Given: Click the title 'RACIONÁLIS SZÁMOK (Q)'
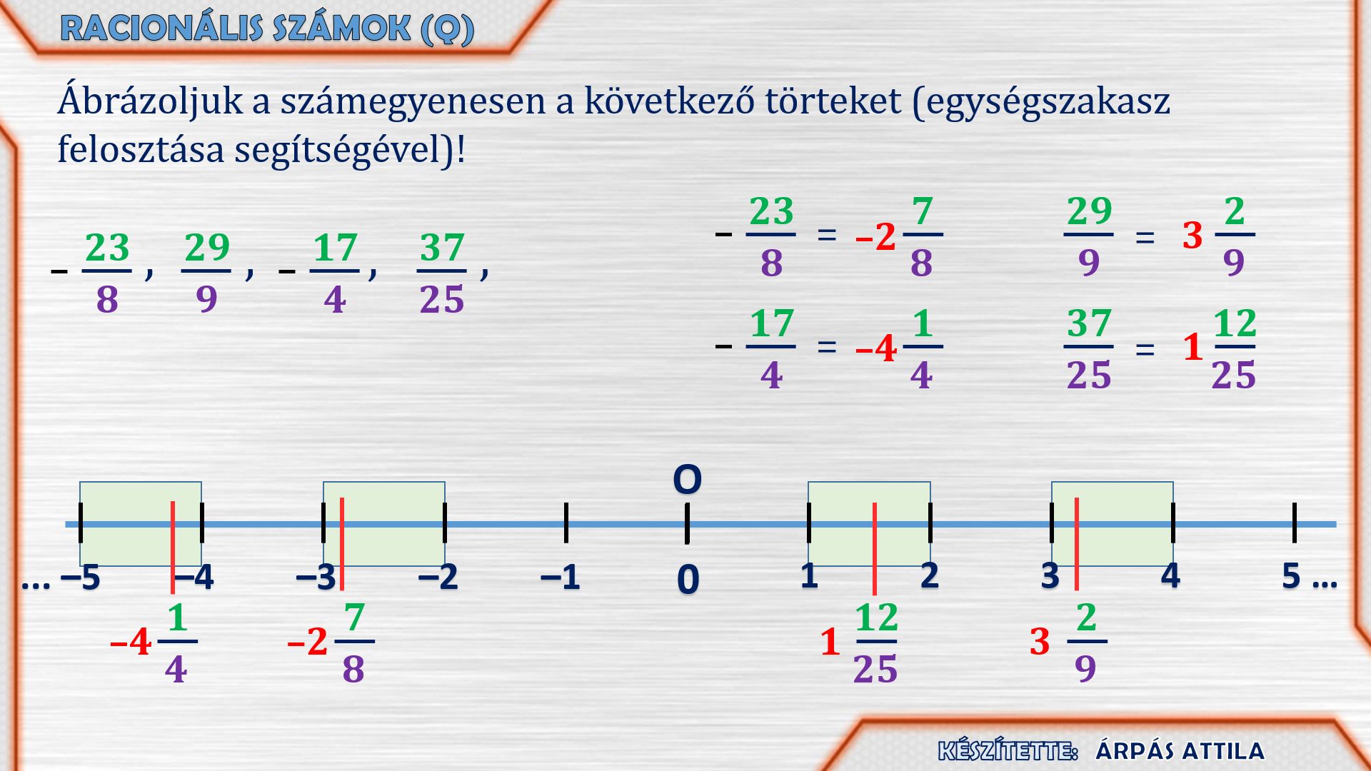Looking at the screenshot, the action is pos(267,29).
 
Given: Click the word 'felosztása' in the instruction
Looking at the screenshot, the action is pos(141,150).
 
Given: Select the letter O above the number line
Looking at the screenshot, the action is pos(688,480).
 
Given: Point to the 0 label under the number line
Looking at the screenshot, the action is pos(688,579).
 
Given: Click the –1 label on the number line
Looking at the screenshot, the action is pos(561,577).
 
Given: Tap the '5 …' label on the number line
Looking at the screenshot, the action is pos(1309,575).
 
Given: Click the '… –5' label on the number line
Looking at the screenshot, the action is pos(61,577).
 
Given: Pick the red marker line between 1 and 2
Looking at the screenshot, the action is pos(875,548).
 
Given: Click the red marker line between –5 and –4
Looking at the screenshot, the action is pos(173,548).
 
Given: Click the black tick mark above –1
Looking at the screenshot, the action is pos(566,523).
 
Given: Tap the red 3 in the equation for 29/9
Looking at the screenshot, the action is pos(1192,236).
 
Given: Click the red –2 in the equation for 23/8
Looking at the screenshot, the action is pos(876,236).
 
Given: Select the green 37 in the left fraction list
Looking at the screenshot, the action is pos(442,248).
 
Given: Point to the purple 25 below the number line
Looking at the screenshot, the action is pos(875,670).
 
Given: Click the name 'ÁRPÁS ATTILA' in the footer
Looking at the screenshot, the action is pos(1180,751).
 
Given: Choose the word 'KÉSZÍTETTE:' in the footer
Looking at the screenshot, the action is pos(1008,751).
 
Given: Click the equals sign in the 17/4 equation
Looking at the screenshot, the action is pos(827,347).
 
